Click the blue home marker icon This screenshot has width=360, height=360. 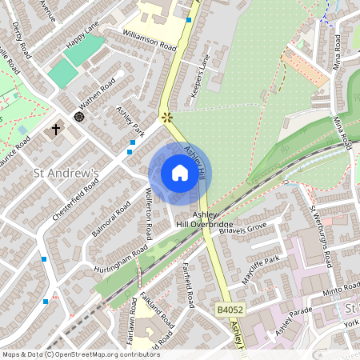(180, 173)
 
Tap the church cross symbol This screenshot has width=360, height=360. (57, 129)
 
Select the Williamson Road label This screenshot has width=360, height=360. (150, 42)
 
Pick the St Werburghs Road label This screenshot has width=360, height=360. (322, 237)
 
